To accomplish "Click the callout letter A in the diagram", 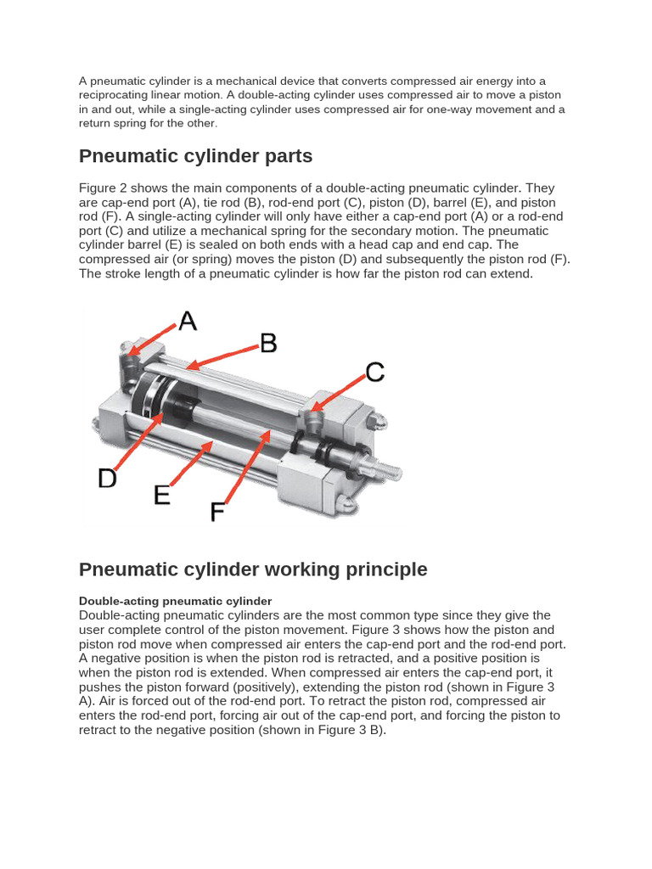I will tap(187, 321).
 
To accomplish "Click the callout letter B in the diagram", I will tap(268, 343).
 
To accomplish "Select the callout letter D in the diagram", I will tap(107, 479).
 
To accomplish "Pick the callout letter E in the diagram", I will tap(162, 495).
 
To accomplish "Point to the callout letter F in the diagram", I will tap(217, 512).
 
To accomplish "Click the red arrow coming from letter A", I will tap(153, 336).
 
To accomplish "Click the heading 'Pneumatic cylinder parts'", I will tap(196, 156).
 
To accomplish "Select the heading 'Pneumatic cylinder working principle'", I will tap(253, 569).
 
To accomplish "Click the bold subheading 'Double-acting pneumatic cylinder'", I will tap(175, 601).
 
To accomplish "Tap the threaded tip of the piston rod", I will tap(392, 466).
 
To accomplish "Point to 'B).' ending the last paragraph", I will tap(376, 730).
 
